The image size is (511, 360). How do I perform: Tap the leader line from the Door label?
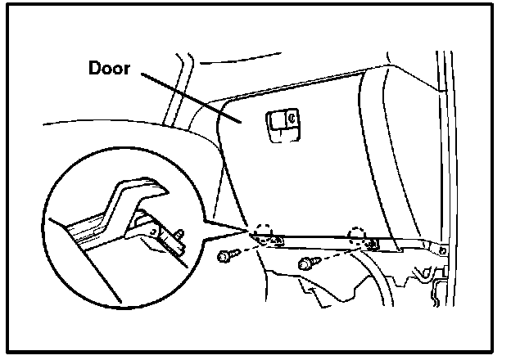coord(192,100)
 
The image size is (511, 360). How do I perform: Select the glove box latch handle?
coord(282,122)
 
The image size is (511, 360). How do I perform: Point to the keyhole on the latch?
coord(291,119)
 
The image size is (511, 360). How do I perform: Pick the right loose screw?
coord(309,263)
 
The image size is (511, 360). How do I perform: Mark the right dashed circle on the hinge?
coord(358,235)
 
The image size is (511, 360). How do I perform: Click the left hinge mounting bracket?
coord(276,241)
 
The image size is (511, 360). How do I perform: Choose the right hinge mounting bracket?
coord(373,243)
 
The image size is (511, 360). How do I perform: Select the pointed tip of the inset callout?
coord(246,229)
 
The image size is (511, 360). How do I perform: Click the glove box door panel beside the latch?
coord(328,147)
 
